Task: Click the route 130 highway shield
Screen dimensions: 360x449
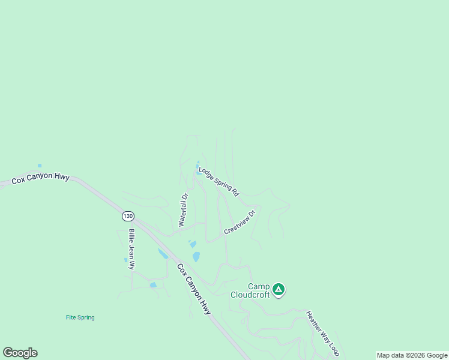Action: (128, 215)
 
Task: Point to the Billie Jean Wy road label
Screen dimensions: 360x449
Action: (131, 249)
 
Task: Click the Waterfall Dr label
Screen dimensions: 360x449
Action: (183, 209)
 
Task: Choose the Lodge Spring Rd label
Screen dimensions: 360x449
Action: (218, 182)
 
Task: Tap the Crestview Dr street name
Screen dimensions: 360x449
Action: (240, 222)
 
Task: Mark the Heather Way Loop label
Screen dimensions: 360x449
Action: (322, 332)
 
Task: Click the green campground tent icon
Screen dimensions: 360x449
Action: (278, 289)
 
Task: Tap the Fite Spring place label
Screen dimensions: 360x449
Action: (80, 317)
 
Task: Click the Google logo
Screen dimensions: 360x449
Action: (20, 353)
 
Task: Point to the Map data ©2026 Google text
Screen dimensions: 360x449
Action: (412, 355)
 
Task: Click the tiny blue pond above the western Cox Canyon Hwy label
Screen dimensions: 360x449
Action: (40, 166)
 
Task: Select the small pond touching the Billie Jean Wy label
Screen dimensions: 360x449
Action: (126, 260)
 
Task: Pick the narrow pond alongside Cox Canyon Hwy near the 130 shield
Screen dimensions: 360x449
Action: (163, 254)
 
